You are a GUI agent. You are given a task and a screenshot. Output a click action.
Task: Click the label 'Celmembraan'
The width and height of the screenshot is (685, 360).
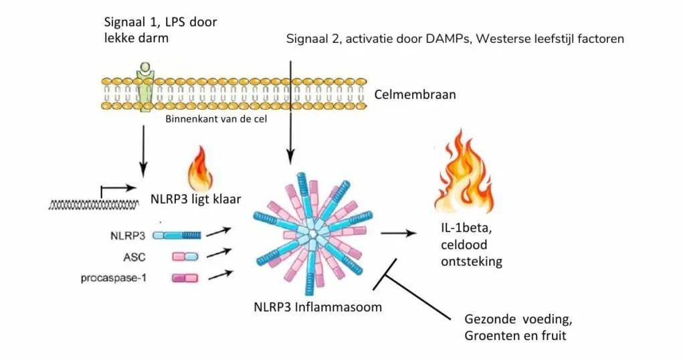coord(416,94)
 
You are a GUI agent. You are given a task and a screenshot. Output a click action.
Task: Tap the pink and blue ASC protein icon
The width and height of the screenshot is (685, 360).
coord(185,256)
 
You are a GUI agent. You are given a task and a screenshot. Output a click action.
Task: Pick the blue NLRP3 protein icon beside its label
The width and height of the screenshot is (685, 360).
coord(177,235)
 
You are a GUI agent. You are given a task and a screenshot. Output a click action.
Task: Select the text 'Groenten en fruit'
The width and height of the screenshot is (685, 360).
coord(515,335)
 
